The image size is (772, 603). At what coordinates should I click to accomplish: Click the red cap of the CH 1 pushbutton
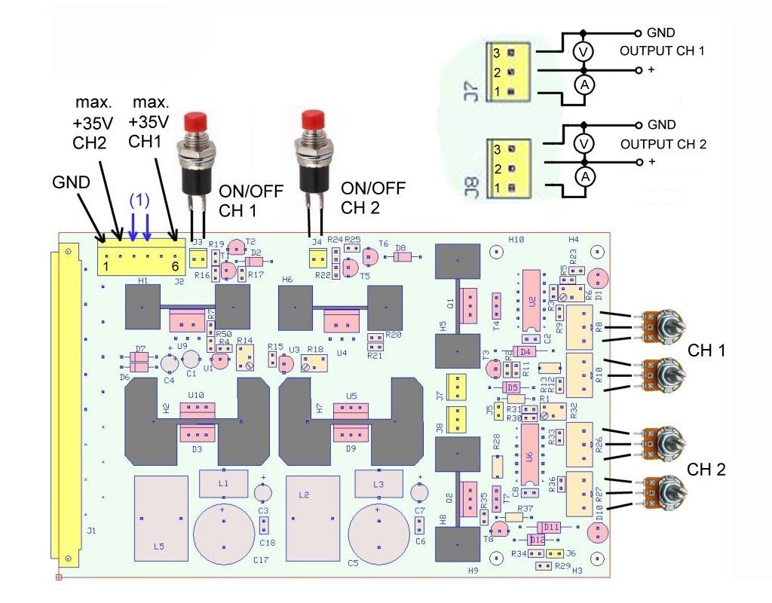click(x=197, y=121)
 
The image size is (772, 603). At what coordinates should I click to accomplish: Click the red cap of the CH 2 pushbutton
click(x=312, y=120)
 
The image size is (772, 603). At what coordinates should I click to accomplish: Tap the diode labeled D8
click(x=402, y=257)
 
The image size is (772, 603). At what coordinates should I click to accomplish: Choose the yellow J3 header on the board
click(x=198, y=259)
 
